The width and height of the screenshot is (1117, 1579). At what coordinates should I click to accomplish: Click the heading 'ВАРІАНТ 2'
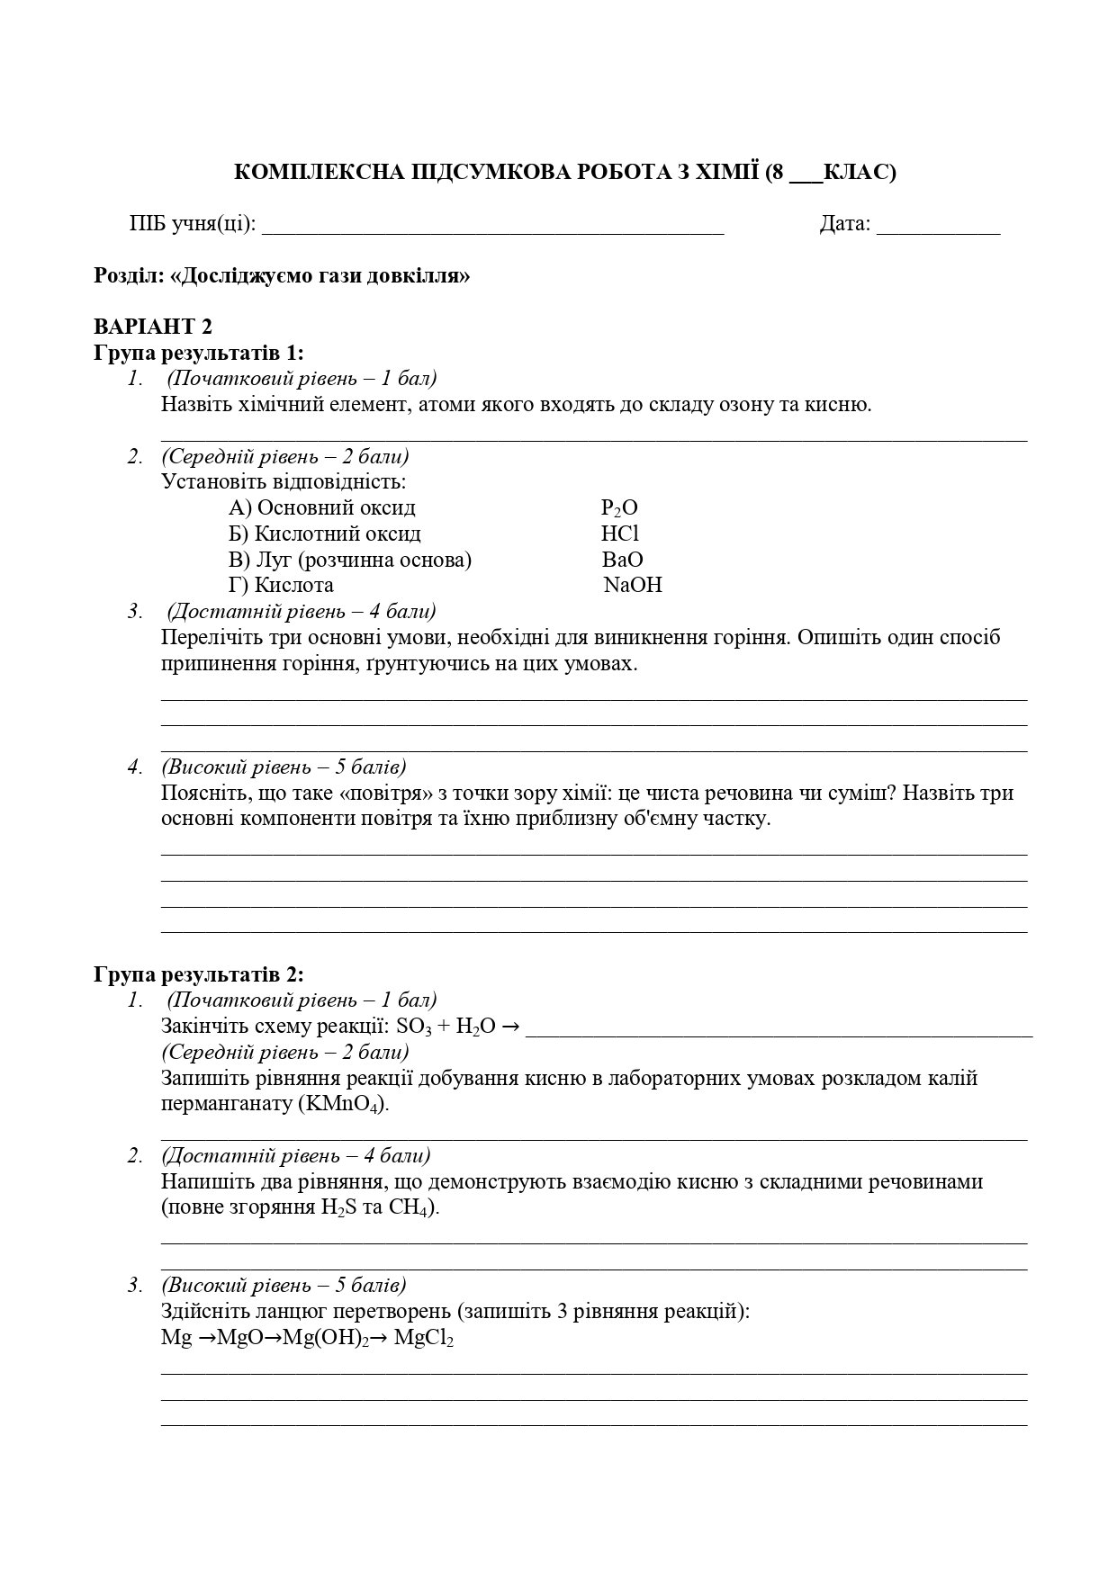point(153,327)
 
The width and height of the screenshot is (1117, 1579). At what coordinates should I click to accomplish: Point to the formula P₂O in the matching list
point(619,508)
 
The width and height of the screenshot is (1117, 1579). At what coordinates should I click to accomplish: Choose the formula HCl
point(620,534)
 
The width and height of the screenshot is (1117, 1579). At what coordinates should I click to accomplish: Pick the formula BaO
point(623,560)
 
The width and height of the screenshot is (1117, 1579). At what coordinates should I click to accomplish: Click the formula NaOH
point(633,586)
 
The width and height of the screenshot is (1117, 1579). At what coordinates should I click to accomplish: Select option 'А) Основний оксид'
point(322,508)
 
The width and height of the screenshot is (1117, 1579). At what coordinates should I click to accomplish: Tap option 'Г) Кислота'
point(281,586)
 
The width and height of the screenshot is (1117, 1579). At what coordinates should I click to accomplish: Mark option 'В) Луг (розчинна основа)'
point(350,560)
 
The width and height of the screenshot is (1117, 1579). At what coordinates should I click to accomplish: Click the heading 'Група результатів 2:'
point(199,974)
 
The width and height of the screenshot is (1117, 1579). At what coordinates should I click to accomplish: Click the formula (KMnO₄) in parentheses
point(343,1105)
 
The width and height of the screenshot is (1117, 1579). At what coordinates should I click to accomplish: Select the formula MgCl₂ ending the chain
point(424,1339)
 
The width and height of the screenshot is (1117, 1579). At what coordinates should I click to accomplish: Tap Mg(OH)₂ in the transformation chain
point(327,1339)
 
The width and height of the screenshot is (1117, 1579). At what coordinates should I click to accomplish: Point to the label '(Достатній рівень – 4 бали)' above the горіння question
point(302,612)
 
